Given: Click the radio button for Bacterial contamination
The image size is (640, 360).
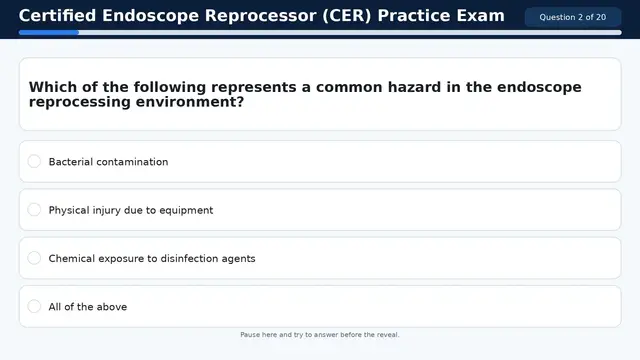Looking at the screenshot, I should click(x=34, y=161).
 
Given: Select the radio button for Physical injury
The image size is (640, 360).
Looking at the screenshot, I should click(x=34, y=210).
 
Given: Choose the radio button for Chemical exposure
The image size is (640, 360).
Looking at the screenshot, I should click(x=34, y=258).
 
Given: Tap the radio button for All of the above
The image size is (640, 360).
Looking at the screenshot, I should click(x=34, y=306).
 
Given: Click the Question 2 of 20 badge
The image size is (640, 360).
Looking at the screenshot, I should click(x=572, y=17).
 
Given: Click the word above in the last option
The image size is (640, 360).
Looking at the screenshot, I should click(x=111, y=307).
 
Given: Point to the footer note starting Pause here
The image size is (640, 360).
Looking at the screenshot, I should click(x=320, y=335).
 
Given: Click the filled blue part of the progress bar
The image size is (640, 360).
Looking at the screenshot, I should click(x=48, y=32).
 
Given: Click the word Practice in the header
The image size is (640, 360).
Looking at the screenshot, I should click(x=414, y=16).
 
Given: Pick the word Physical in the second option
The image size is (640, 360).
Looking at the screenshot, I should click(x=69, y=210).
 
